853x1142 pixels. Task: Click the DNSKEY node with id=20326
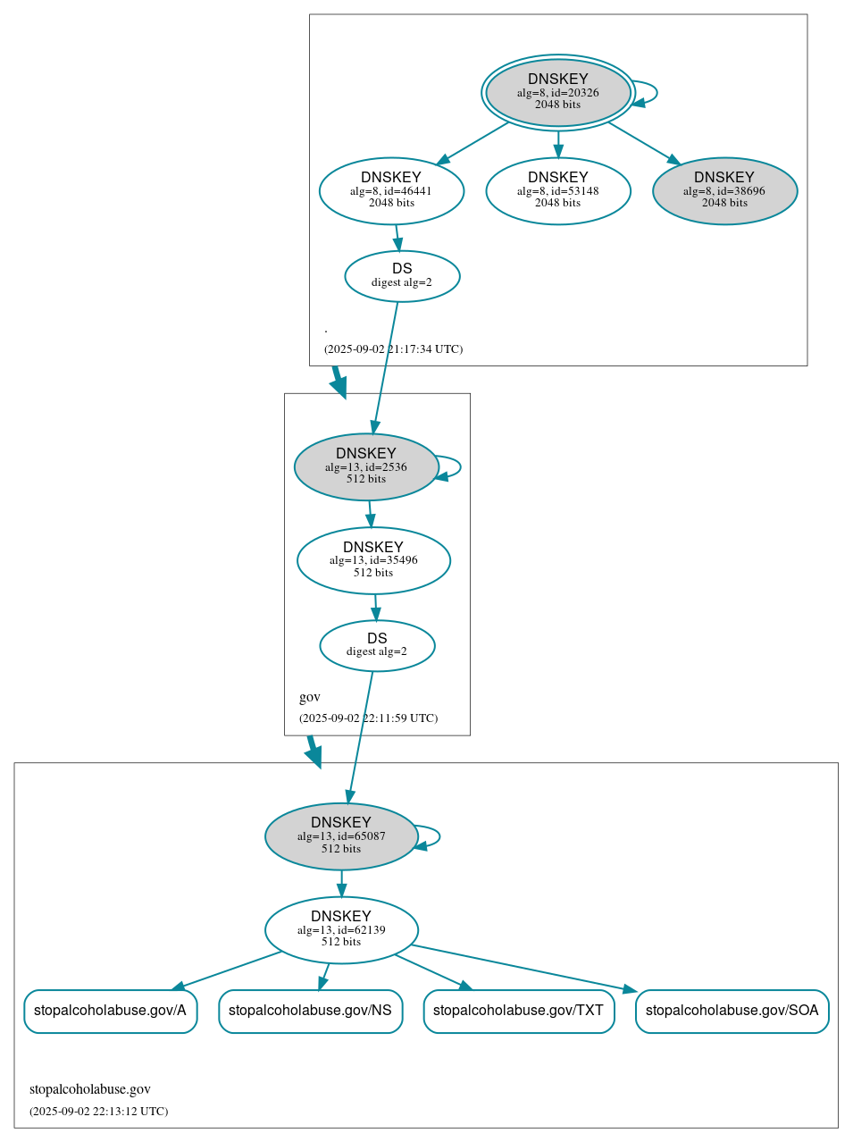tap(557, 92)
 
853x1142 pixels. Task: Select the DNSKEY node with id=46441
tap(391, 190)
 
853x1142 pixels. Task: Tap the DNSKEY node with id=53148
tap(557, 190)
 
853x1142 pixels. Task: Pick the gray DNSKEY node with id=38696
tap(724, 190)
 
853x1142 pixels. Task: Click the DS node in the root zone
tap(402, 276)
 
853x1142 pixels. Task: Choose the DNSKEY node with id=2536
tap(366, 466)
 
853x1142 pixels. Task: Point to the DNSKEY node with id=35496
tap(373, 560)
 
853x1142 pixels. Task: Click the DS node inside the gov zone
tap(377, 645)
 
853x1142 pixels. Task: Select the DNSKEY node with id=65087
tap(341, 836)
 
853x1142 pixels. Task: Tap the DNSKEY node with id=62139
tap(341, 930)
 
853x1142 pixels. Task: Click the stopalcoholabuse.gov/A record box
tap(110, 1011)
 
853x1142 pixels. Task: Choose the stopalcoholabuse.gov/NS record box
tap(310, 1011)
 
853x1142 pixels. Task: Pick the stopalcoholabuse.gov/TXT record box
tap(518, 1011)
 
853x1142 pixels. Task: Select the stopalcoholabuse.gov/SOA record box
tap(732, 1011)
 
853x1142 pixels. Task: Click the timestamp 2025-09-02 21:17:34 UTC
tap(393, 349)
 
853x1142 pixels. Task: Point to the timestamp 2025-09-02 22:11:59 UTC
tap(368, 718)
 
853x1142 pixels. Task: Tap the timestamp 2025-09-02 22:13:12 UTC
tap(98, 1112)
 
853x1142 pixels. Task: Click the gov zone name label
tap(310, 697)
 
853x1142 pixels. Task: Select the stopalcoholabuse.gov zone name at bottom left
tap(90, 1089)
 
